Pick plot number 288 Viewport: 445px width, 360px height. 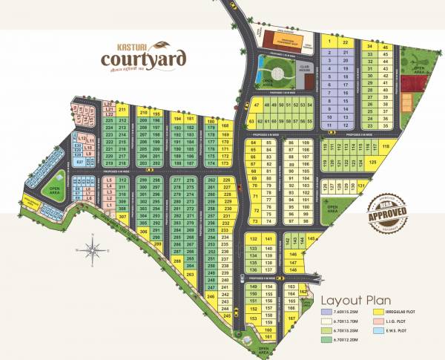[x=177, y=261]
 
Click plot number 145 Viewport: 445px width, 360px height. [x=312, y=238]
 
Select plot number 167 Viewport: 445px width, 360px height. [x=291, y=319]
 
